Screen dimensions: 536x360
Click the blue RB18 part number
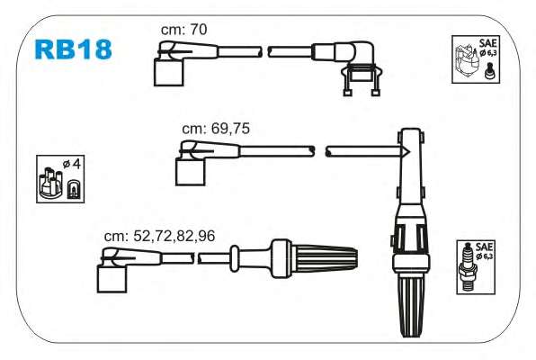pyautogui.click(x=73, y=49)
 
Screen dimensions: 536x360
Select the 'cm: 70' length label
pyautogui.click(x=183, y=30)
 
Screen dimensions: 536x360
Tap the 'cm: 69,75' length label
pyautogui.click(x=216, y=129)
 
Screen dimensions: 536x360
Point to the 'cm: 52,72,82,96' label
pyautogui.click(x=159, y=236)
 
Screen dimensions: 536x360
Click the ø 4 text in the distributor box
pyautogui.click(x=72, y=164)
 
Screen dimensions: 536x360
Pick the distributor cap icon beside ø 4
pyautogui.click(x=50, y=183)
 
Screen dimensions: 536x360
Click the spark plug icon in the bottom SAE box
pyautogui.click(x=469, y=266)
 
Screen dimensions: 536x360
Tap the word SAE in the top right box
pyautogui.click(x=487, y=43)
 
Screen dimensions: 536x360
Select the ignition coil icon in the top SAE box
pyautogui.click(x=466, y=60)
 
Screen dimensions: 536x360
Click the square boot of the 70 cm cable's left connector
pyautogui.click(x=168, y=72)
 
